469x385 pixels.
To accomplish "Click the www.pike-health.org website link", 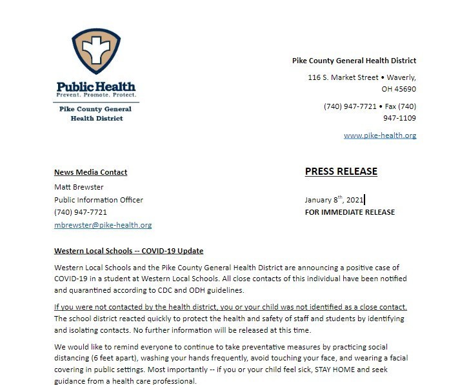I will [x=379, y=135].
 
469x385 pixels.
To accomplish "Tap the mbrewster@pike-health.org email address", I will [x=103, y=225].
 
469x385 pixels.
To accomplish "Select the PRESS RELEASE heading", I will [x=341, y=172].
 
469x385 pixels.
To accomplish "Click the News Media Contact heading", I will [x=90, y=172].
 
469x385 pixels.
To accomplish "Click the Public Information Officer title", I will [x=99, y=199].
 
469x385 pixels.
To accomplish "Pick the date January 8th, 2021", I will [x=334, y=199].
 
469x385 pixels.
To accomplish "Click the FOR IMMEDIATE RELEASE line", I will [x=350, y=212].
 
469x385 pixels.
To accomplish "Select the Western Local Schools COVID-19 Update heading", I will [x=129, y=250].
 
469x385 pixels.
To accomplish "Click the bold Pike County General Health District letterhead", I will [x=354, y=61].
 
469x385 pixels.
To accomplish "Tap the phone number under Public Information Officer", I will [x=81, y=212].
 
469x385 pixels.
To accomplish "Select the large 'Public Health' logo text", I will [x=95, y=86].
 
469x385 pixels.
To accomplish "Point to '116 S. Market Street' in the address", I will [x=343, y=77].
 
